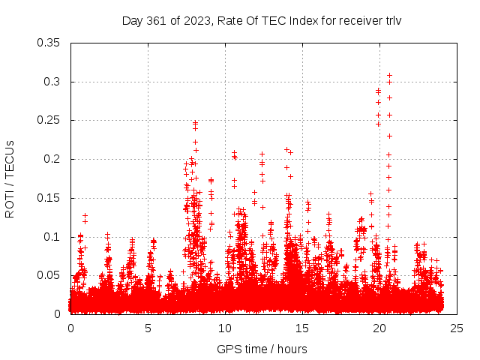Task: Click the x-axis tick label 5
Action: coord(148,328)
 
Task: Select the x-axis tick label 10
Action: coord(225,328)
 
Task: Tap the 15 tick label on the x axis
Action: coord(302,328)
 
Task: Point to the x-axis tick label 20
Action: coord(379,328)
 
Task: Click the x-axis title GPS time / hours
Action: coord(262,349)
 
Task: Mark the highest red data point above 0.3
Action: coord(389,75)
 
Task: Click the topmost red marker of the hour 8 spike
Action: coord(195,122)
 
